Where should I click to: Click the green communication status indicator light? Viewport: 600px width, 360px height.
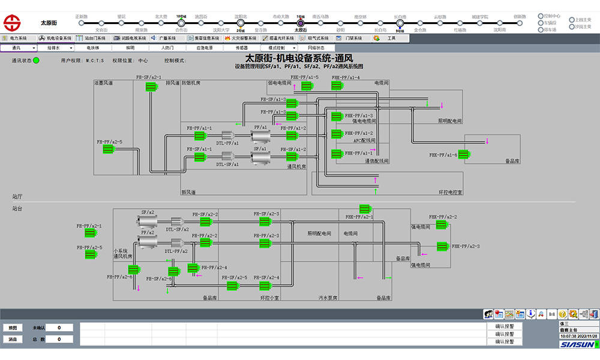pyautogui.click(x=36, y=60)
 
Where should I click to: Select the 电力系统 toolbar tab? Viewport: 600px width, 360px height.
pyautogui.click(x=15, y=38)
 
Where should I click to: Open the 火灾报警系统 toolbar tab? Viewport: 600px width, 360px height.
pyautogui.click(x=239, y=38)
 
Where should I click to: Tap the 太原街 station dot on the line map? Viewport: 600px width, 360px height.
pyautogui.click(x=301, y=23)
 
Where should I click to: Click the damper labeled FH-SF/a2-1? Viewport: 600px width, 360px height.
pyautogui.click(x=151, y=87)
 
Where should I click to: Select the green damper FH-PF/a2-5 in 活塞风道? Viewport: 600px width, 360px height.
pyautogui.click(x=109, y=149)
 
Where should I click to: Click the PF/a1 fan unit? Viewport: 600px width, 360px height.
pyautogui.click(x=260, y=136)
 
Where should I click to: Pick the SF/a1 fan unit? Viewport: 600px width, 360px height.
pyautogui.click(x=260, y=157)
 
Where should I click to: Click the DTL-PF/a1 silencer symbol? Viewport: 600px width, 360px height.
pyautogui.click(x=227, y=136)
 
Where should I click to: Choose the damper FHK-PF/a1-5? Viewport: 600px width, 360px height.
pyautogui.click(x=307, y=86)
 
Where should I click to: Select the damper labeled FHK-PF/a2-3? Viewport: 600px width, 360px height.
pyautogui.click(x=443, y=246)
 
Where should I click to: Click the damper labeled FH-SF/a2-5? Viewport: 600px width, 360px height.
pyautogui.click(x=233, y=286)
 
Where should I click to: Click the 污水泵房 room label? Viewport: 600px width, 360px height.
pyautogui.click(x=328, y=297)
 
